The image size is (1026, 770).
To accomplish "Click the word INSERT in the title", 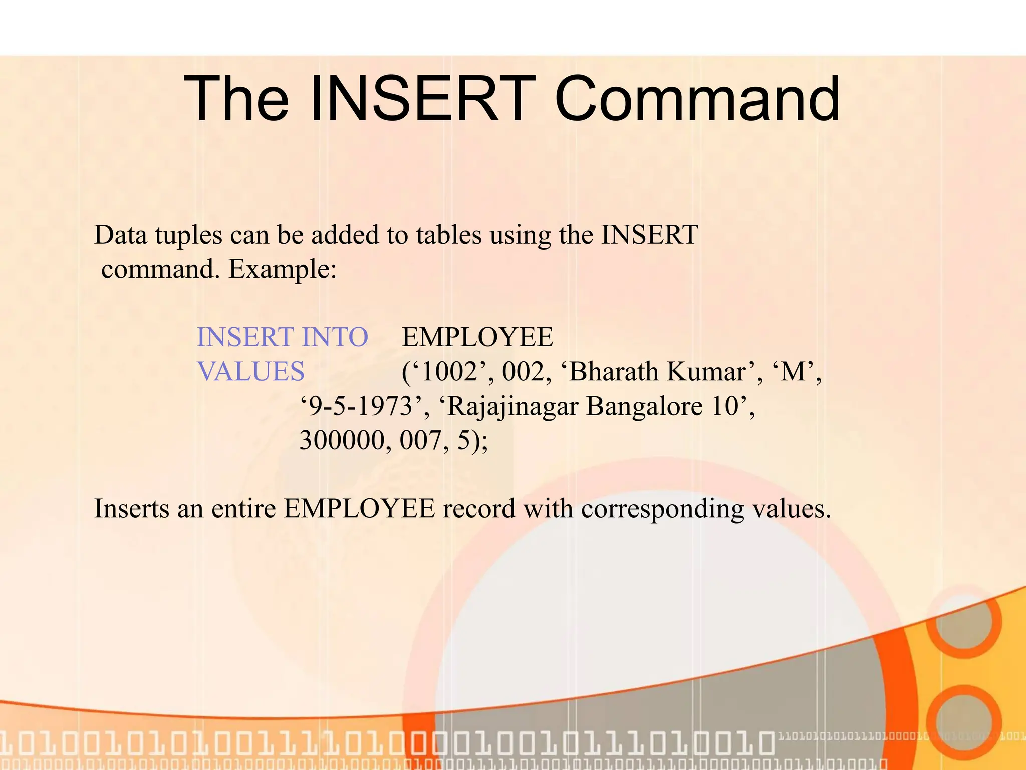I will click(420, 99).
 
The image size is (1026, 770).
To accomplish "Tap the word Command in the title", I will click(697, 99).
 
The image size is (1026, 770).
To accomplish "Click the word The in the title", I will click(236, 99).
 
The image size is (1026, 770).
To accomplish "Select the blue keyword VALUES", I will click(250, 372).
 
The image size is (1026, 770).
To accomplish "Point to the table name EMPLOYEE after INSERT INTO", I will click(477, 337).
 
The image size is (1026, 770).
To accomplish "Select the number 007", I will click(420, 441).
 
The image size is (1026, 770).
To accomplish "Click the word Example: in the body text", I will click(283, 270).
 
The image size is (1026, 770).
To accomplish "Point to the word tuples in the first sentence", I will click(188, 236).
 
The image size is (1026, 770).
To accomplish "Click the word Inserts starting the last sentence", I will click(131, 509).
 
